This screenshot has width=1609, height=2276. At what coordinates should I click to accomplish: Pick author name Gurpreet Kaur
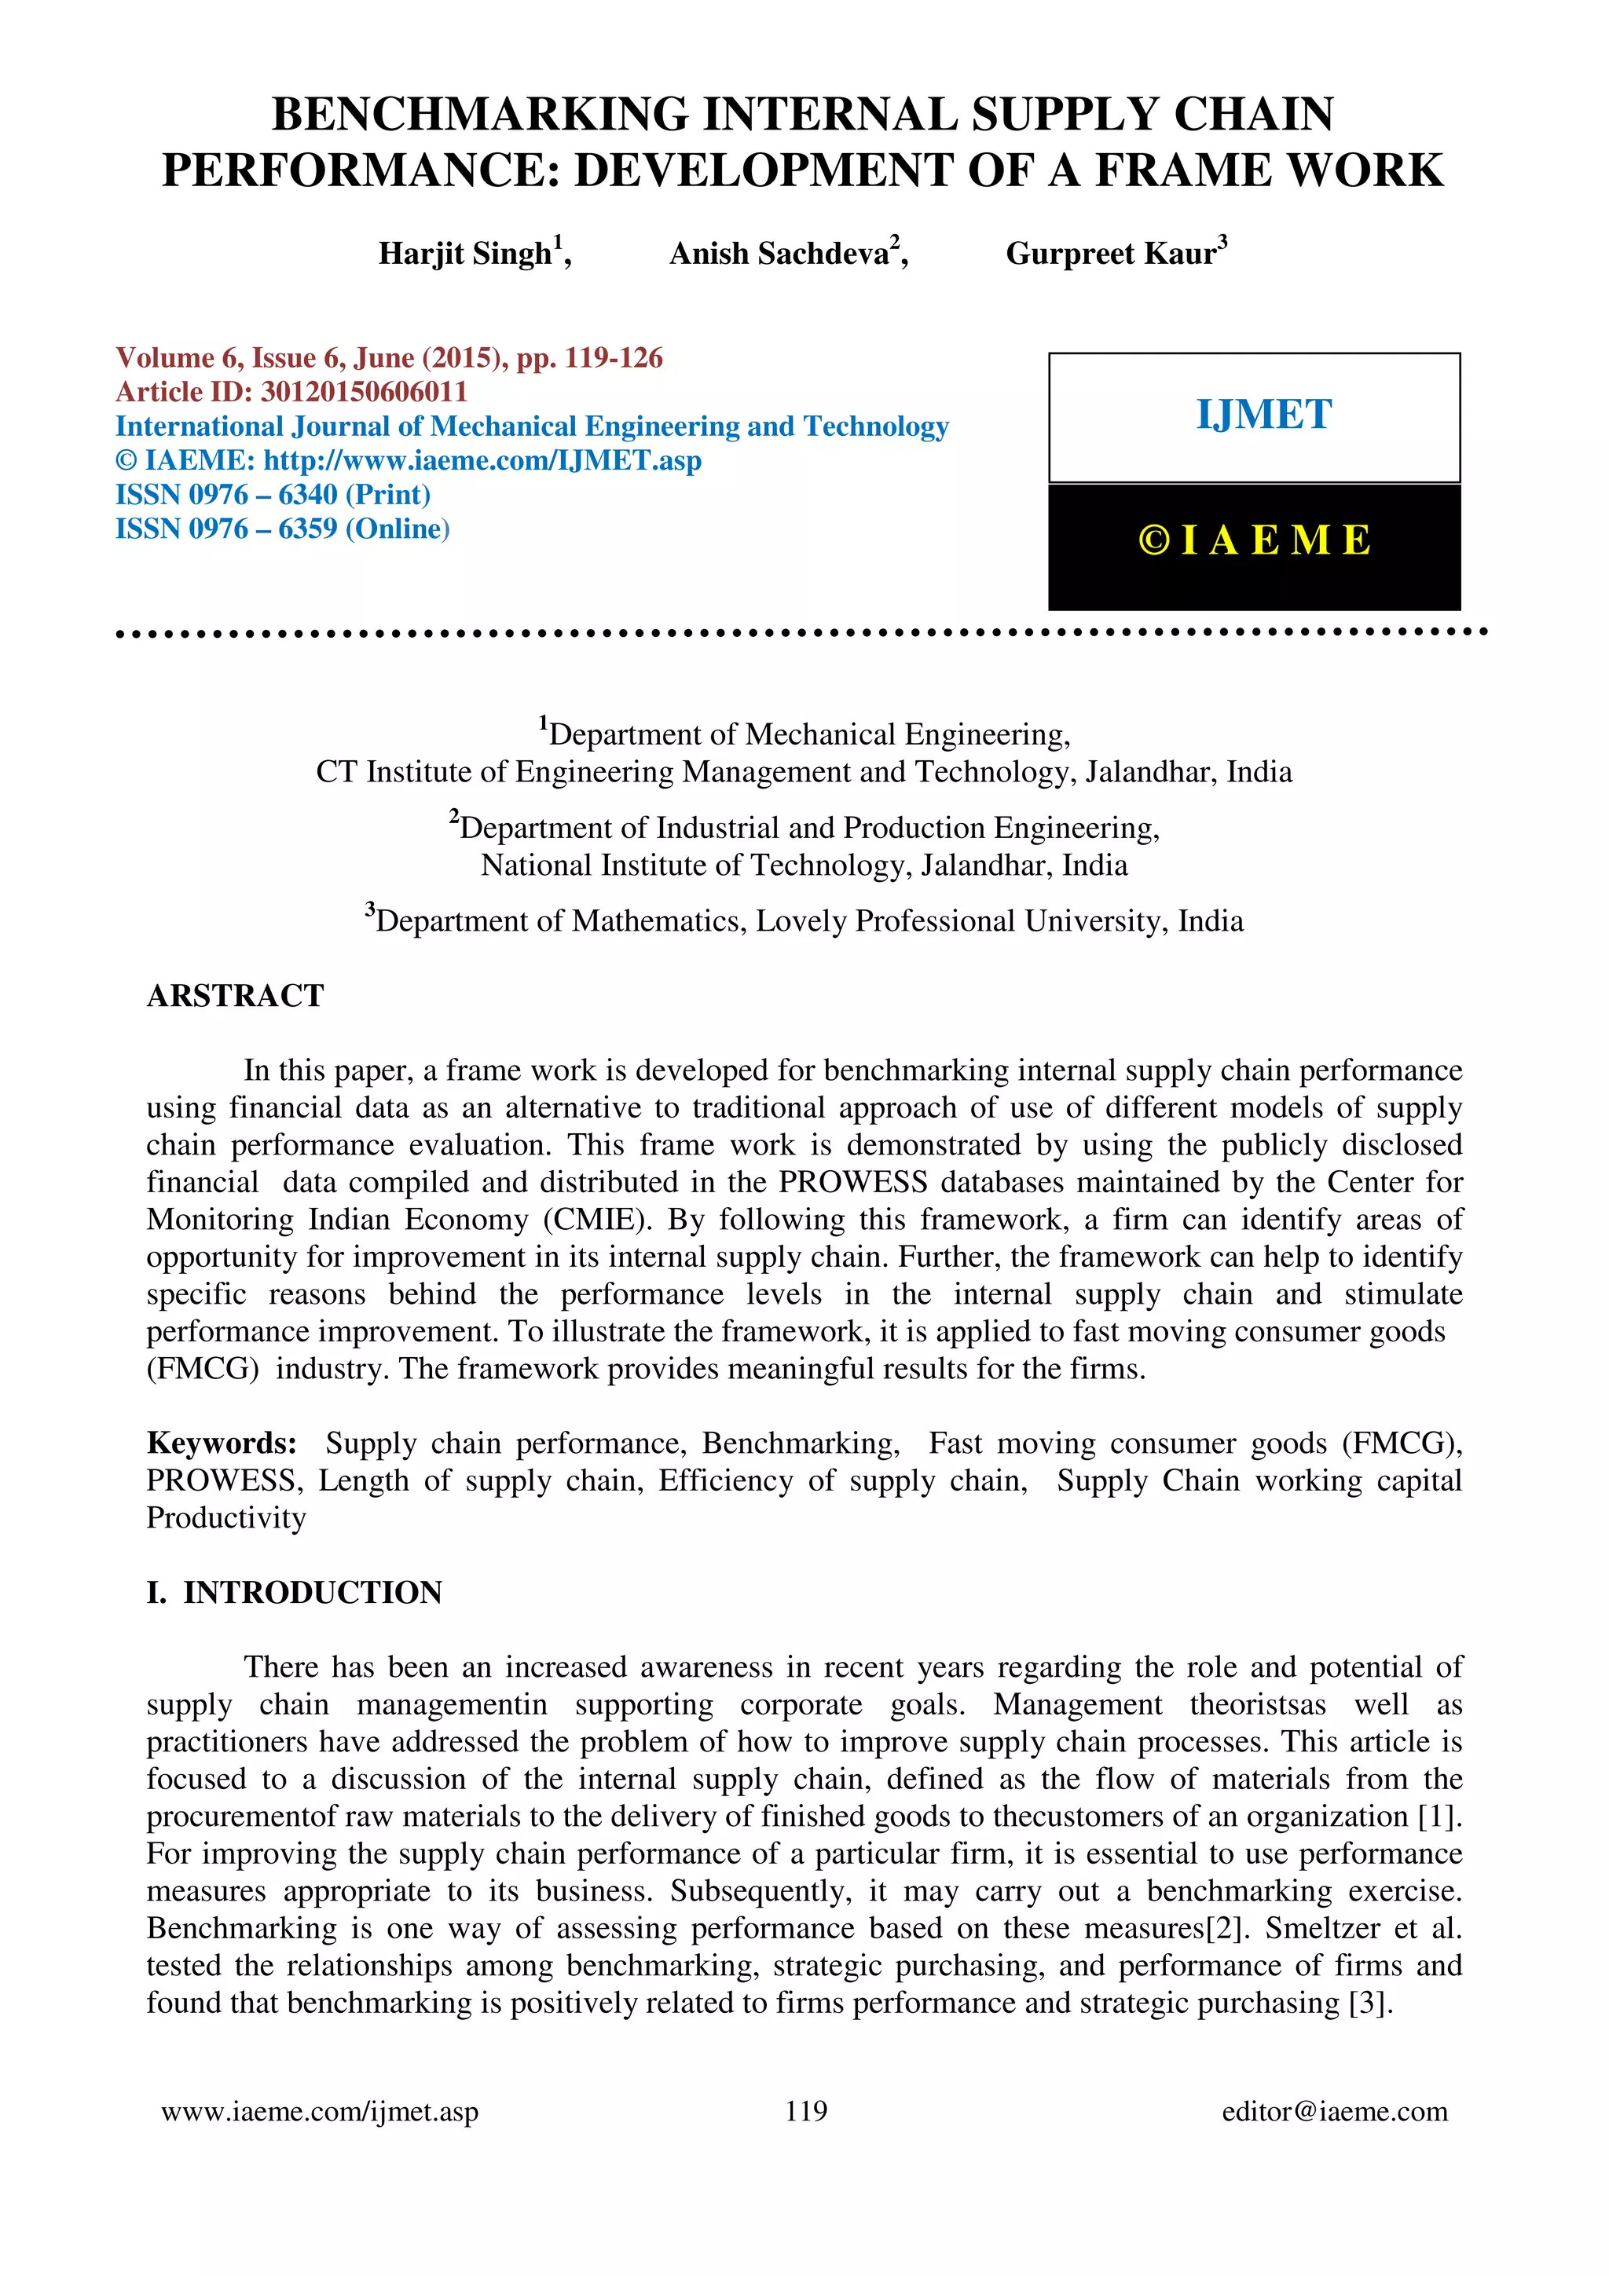[1109, 254]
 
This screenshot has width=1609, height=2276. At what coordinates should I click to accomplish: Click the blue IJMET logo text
[1263, 415]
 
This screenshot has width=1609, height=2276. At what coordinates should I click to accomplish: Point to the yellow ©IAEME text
[1254, 540]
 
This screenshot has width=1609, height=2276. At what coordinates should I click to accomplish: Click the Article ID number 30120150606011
[363, 392]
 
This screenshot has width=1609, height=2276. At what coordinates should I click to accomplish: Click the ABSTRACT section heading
[235, 995]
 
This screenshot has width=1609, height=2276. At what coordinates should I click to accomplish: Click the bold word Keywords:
[221, 1444]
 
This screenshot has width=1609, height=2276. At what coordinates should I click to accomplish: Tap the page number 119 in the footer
[805, 2111]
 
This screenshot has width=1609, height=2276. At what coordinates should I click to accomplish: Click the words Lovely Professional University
[885, 921]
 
